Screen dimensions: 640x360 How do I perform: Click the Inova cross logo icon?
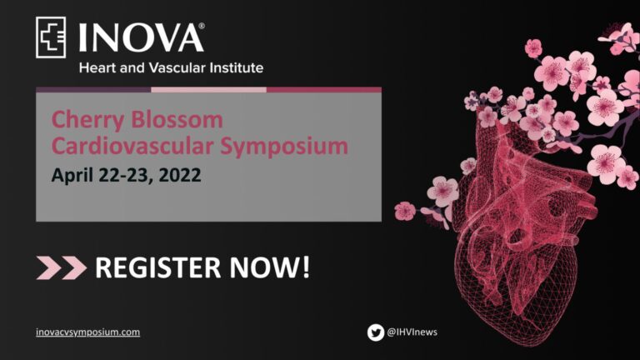pyautogui.click(x=51, y=37)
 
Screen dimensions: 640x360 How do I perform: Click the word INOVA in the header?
pyautogui.click(x=140, y=38)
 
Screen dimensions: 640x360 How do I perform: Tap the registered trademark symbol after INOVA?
pyautogui.click(x=201, y=26)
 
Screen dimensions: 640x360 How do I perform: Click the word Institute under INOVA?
pyautogui.click(x=237, y=67)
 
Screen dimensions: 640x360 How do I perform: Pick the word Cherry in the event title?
pyautogui.click(x=87, y=121)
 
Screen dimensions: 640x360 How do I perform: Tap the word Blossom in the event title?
pyautogui.click(x=177, y=120)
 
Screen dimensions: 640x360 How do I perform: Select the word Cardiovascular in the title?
pyautogui.click(x=132, y=146)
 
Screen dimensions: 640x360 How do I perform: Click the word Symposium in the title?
pyautogui.click(x=284, y=147)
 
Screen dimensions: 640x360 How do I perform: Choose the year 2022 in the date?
pyautogui.click(x=180, y=175)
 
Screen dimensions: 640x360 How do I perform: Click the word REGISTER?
pyautogui.click(x=158, y=267)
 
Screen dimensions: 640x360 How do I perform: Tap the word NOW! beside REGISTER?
pyautogui.click(x=270, y=267)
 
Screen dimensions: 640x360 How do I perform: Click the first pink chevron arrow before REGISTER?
pyautogui.click(x=48, y=267)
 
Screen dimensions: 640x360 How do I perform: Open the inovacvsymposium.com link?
pyautogui.click(x=87, y=332)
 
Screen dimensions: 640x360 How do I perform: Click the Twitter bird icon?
pyautogui.click(x=376, y=332)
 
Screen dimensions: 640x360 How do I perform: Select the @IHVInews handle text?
pyautogui.click(x=412, y=332)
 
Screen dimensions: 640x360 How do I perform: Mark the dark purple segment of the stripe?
pyautogui.click(x=93, y=89)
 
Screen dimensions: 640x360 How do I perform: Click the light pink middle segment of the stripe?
pyautogui.click(x=208, y=89)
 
